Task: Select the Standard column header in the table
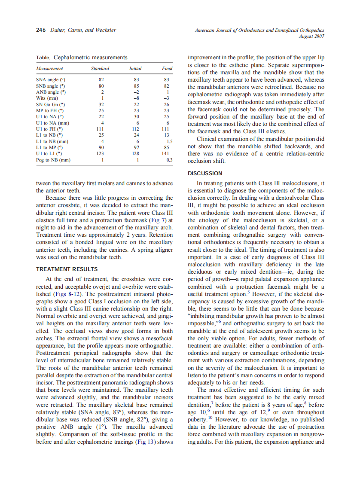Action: coord(100,68)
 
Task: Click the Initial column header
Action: coord(135,68)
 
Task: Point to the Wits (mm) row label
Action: coord(47,98)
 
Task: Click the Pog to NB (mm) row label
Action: coord(53,160)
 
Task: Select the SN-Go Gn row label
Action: coord(51,104)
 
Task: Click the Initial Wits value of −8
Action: coord(136,98)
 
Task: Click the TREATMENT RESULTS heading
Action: coord(67,269)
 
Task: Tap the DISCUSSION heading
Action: coord(205,174)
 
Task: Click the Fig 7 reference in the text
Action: coord(160,220)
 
